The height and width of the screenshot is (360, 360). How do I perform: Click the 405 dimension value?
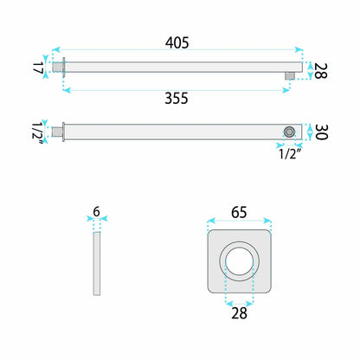click(177, 42)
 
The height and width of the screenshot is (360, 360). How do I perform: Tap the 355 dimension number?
click(177, 98)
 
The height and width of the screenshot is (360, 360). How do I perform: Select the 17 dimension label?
click(38, 67)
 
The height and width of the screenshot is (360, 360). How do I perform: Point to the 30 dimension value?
click(321, 132)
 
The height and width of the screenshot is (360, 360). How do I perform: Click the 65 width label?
click(239, 212)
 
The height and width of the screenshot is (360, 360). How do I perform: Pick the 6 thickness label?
click(96, 212)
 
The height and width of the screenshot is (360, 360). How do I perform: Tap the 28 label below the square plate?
click(239, 313)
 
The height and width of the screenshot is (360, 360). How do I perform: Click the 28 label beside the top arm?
click(320, 70)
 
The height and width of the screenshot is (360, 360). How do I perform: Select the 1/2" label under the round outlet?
click(291, 154)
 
